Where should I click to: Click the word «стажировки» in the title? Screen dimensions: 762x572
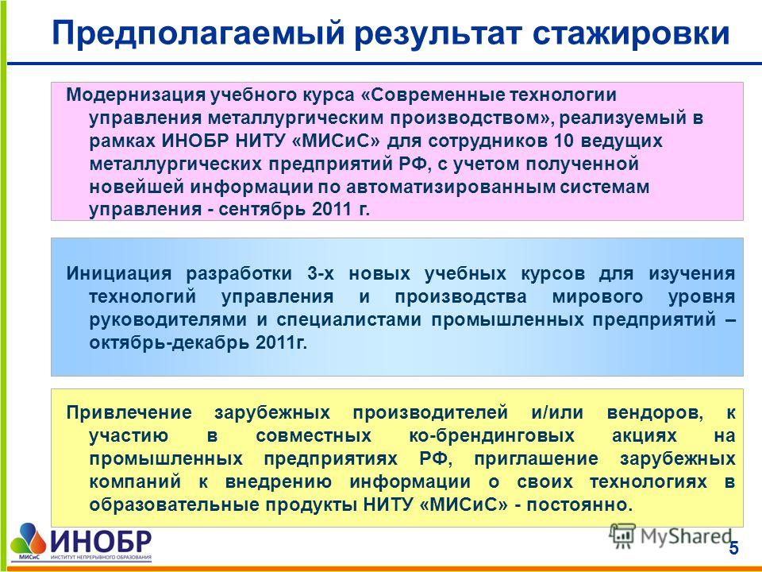[x=631, y=34]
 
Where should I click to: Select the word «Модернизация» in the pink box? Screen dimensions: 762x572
[x=135, y=95]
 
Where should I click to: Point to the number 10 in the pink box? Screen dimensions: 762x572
[x=564, y=141]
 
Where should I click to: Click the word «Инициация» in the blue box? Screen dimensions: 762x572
[x=119, y=274]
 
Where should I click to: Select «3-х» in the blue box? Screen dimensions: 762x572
[x=321, y=274]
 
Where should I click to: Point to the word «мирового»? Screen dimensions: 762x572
[x=598, y=296]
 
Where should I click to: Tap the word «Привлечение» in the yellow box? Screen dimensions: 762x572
[x=129, y=412]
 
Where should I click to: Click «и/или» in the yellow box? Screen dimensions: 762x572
[x=557, y=412]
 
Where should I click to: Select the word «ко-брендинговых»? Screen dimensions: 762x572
[x=492, y=436]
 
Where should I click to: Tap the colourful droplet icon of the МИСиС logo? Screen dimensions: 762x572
[x=29, y=539]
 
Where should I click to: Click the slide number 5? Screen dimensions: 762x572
[x=733, y=549]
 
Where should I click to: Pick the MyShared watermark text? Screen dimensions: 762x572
[x=686, y=536]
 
